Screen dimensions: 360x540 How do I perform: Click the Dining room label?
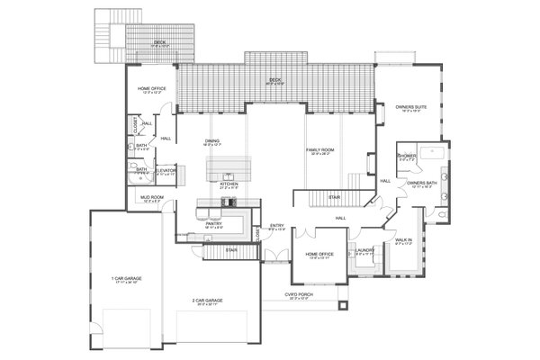coord(212,140)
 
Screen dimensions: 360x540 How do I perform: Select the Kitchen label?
coord(229,184)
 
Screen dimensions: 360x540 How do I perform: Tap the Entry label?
coord(278,227)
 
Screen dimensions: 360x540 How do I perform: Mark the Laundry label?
coord(364,251)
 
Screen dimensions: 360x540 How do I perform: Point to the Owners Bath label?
coord(422,184)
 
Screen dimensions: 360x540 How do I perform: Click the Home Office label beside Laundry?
coord(319,254)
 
